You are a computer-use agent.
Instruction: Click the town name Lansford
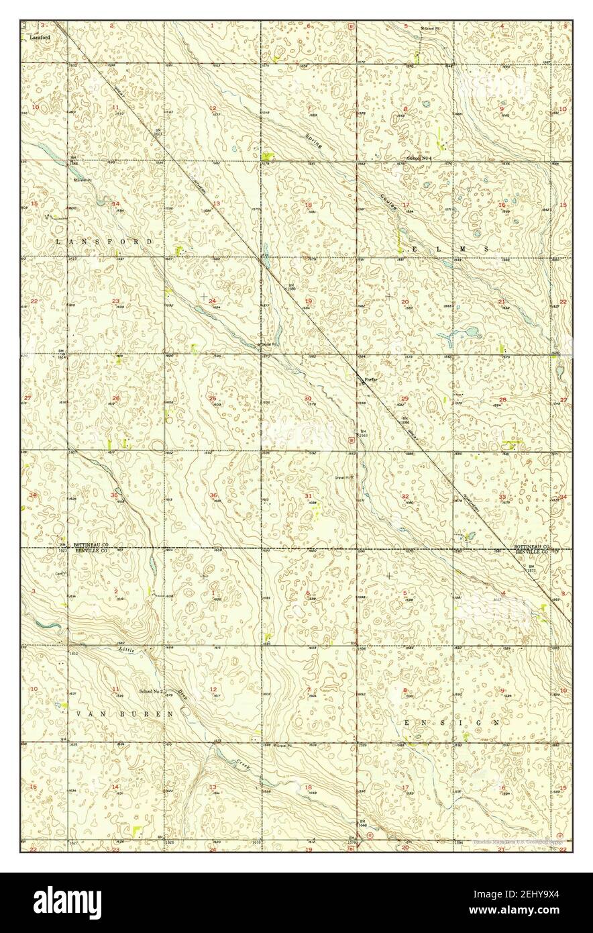(x=40, y=38)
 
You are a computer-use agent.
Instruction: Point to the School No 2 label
(x=151, y=691)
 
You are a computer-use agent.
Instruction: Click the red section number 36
(x=213, y=495)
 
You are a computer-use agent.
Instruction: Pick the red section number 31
(x=309, y=496)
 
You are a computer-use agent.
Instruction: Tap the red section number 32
(x=405, y=496)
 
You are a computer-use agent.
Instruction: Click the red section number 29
(x=405, y=399)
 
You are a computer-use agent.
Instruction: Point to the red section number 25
(x=213, y=398)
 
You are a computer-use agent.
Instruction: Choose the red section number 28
(x=502, y=399)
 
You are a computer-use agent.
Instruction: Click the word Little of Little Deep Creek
(x=127, y=650)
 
